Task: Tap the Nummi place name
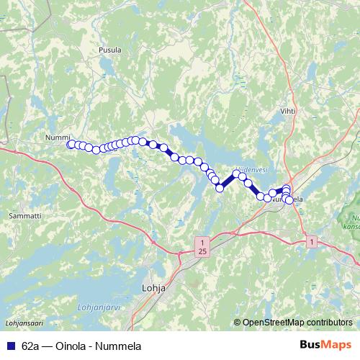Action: pos(58,137)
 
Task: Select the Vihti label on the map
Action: pos(288,112)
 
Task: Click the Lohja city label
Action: pos(150,288)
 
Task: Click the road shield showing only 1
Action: pos(310,241)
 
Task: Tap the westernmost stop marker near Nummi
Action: pos(71,145)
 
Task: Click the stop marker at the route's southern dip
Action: pos(220,188)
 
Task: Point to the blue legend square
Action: pos(9,345)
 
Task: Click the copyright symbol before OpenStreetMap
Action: pos(238,323)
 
